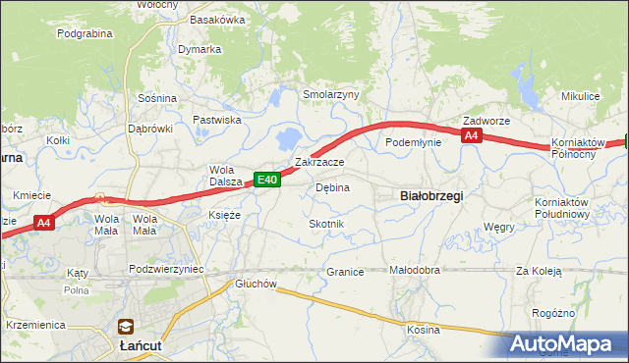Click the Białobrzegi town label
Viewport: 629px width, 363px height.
click(432, 195)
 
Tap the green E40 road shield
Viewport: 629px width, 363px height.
click(268, 180)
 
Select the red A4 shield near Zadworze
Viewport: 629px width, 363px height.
click(472, 136)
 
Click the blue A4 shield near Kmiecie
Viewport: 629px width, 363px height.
click(43, 224)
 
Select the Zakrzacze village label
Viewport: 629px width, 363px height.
click(319, 162)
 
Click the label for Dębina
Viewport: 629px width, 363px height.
click(332, 187)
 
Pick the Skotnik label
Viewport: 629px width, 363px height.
click(327, 225)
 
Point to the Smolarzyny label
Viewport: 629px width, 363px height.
click(331, 95)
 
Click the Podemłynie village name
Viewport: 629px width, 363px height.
click(414, 142)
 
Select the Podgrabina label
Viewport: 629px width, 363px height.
click(86, 33)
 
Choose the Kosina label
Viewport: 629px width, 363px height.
click(424, 330)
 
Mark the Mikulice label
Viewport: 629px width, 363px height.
click(580, 96)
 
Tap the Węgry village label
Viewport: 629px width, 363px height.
click(499, 227)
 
